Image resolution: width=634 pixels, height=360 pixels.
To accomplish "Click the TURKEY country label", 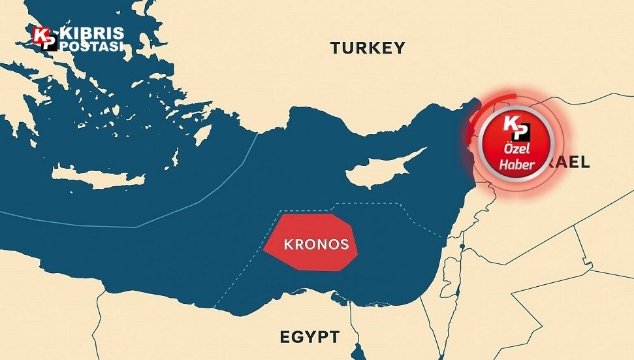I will click(x=368, y=48).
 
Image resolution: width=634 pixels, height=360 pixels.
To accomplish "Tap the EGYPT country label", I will click(x=309, y=337).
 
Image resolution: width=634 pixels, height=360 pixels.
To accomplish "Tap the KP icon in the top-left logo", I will click(x=45, y=39).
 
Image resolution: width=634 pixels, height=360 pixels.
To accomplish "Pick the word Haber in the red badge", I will click(x=516, y=164).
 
